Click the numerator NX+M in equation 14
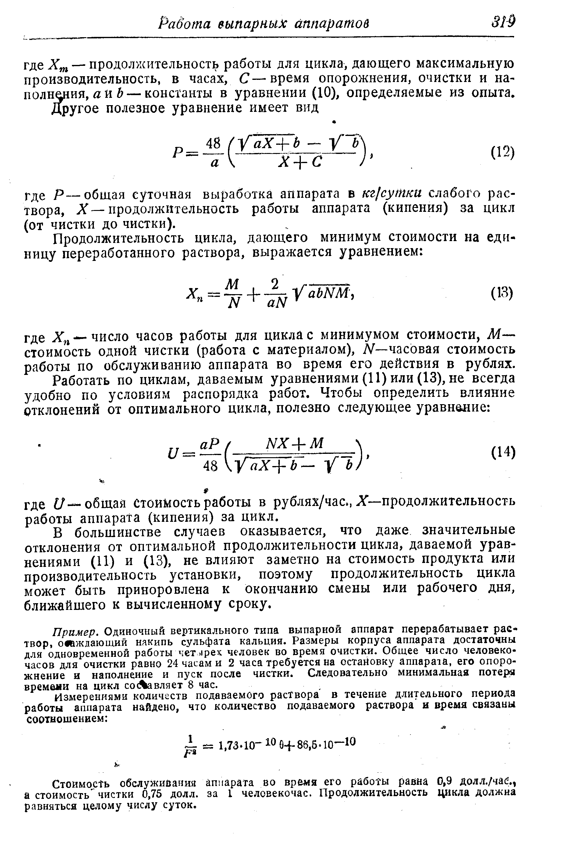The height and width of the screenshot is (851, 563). (294, 443)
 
